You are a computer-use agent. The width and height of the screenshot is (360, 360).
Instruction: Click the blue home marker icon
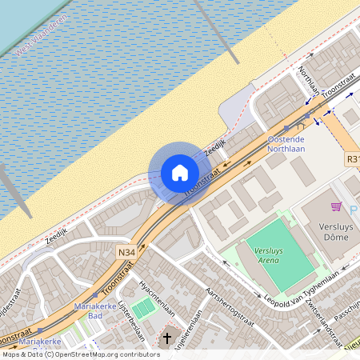click(x=180, y=173)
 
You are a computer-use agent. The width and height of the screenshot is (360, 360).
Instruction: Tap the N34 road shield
click(x=125, y=252)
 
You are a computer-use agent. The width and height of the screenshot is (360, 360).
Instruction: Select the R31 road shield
click(x=353, y=160)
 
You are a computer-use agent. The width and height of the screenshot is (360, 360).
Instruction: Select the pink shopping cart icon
click(x=336, y=207)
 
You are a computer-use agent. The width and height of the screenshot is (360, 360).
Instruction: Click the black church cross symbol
click(x=167, y=338)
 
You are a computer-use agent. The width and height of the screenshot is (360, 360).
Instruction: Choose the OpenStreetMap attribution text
click(x=81, y=354)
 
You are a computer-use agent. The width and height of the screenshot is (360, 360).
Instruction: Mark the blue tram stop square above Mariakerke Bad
click(x=95, y=295)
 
